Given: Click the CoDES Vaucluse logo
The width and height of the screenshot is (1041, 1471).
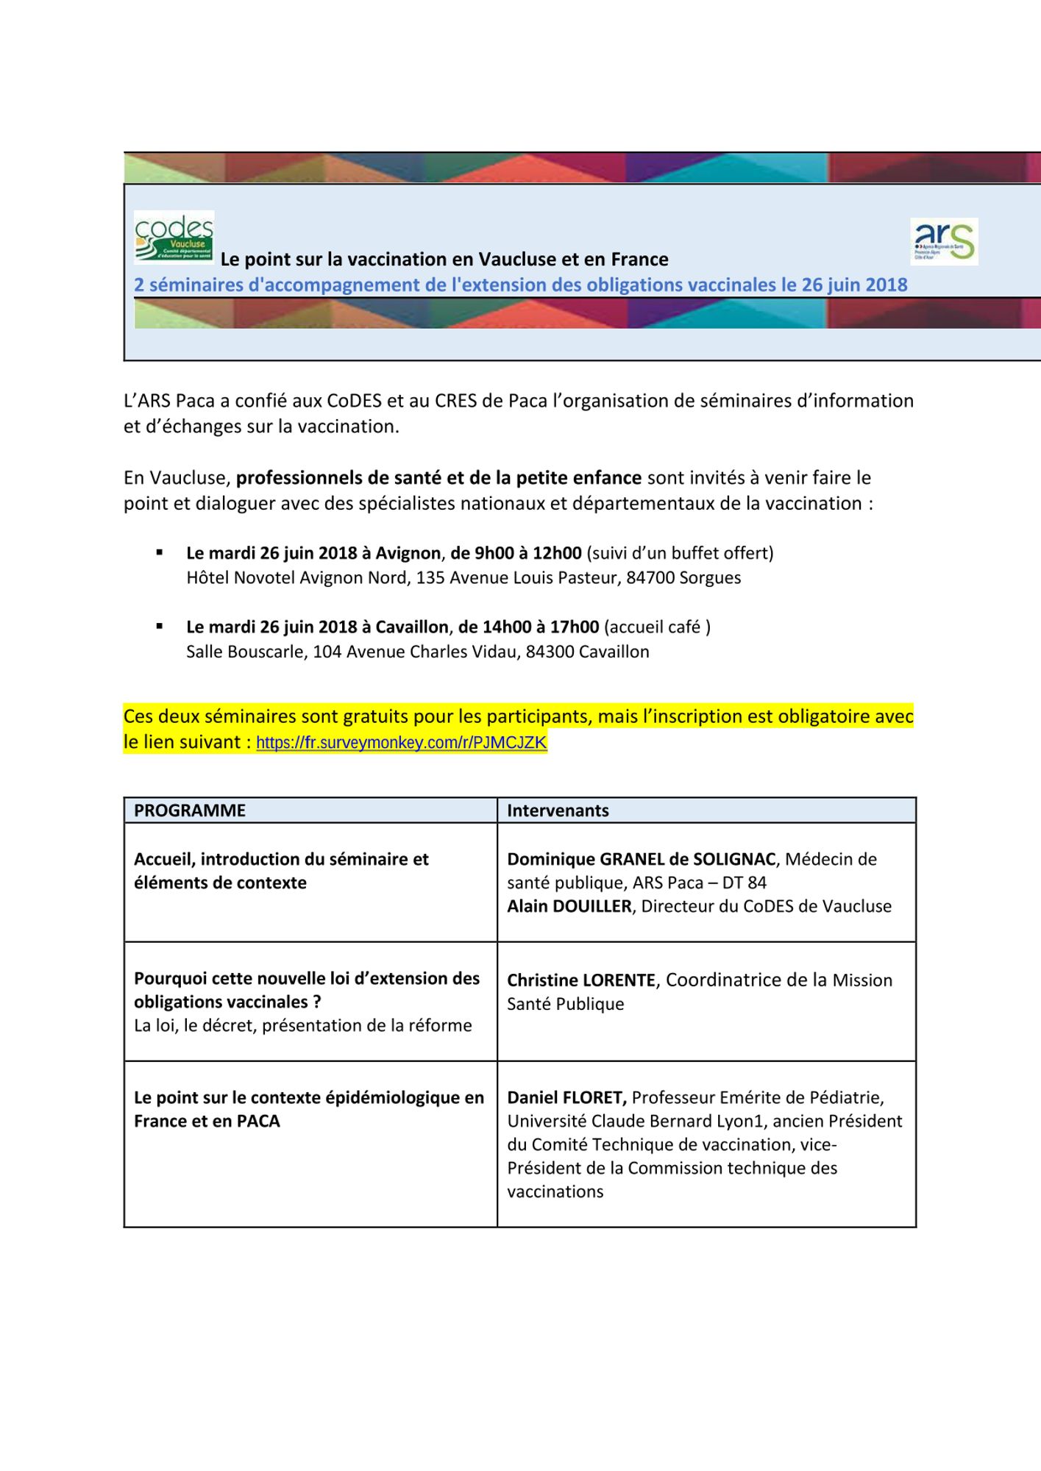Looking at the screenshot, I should (174, 237).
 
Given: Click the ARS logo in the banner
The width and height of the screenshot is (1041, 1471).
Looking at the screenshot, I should (944, 241).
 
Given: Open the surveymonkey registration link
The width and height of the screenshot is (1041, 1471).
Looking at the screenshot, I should (401, 743).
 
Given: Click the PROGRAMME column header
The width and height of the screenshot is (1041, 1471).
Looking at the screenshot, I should (190, 811).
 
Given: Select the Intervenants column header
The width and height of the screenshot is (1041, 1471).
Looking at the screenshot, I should (558, 811).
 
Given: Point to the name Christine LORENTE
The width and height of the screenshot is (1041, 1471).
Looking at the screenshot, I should (580, 980).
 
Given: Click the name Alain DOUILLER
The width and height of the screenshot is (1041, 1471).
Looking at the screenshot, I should (569, 906).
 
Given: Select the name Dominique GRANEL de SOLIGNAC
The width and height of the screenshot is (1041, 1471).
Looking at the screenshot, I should (641, 859).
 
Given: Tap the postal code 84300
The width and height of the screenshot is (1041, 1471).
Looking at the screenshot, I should (550, 652).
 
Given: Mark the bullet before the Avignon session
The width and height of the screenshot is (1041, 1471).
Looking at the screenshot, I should (159, 552).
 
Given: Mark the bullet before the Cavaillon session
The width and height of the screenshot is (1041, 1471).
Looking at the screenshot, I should (159, 626).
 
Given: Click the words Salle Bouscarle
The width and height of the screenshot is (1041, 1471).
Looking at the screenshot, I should (245, 652).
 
